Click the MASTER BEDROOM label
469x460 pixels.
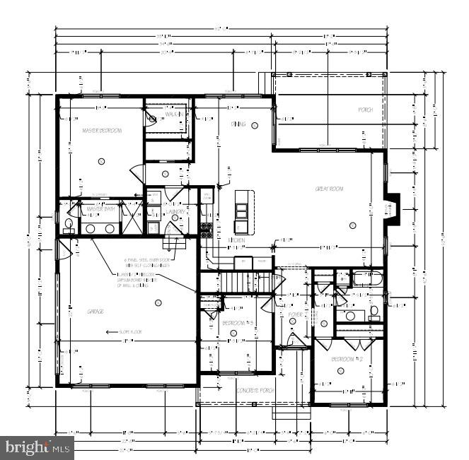pos(102,131)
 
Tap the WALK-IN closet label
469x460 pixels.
pos(175,114)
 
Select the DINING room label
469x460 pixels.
pos(238,124)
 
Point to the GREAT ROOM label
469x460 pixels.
pos(329,189)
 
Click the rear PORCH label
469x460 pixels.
pos(365,110)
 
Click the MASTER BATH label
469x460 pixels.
pos(100,209)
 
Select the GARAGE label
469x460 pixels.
pos(95,312)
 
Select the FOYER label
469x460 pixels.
pos(295,313)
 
